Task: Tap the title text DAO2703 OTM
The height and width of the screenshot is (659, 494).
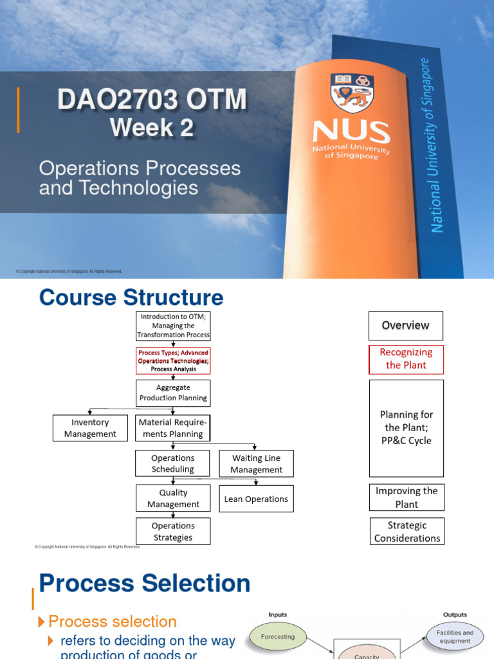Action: pos(152,100)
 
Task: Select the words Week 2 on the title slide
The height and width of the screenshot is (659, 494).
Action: pos(152,127)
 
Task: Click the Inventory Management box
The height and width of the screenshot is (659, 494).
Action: pos(90,428)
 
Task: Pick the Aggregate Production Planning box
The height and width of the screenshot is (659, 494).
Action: pos(173,393)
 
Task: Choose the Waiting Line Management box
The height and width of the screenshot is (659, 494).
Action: pos(256,464)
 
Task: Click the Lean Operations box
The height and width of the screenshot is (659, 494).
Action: pos(256,499)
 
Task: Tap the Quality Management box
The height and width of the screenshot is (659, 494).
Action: pos(173,499)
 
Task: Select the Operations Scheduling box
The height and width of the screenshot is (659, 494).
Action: pos(173,463)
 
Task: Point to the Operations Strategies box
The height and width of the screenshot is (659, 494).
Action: pos(173,532)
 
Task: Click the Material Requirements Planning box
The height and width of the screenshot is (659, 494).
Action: pos(173,428)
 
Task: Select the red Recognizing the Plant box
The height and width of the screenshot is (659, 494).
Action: pos(406,358)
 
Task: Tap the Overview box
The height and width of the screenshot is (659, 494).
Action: pos(406,326)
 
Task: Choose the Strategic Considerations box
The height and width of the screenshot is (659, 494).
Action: pos(407,532)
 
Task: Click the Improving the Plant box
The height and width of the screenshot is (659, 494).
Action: pos(407,497)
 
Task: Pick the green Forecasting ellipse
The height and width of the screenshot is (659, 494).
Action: pos(278,636)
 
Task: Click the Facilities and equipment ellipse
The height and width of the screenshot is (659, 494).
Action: pos(455,636)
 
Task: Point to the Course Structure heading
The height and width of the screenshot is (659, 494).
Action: pos(131,297)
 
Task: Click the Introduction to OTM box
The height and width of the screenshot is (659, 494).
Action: pos(173,326)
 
